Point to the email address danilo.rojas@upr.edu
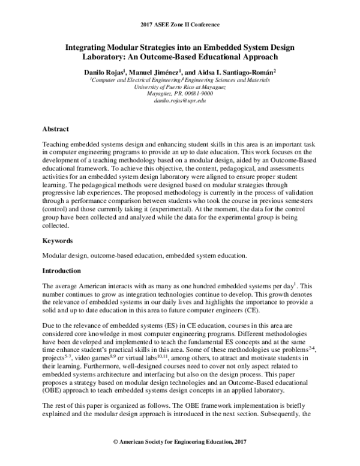tap(180, 102)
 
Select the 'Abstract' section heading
tap(56, 129)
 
